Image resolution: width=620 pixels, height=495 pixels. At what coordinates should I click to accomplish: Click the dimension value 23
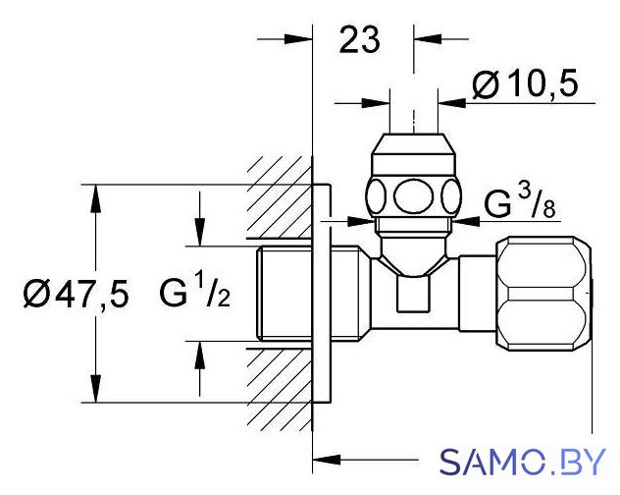359,40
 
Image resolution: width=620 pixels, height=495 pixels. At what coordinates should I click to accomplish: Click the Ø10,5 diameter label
525,83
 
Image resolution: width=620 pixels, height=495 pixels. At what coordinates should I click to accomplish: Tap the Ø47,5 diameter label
76,295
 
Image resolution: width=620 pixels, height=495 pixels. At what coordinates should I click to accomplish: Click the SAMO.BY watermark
522,462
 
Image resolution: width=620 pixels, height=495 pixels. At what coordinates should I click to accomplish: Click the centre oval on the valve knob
413,196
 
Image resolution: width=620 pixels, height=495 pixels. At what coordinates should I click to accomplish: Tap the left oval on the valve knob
376,196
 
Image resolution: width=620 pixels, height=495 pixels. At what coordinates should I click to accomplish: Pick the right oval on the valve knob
451,196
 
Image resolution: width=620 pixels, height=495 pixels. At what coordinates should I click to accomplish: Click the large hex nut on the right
543,294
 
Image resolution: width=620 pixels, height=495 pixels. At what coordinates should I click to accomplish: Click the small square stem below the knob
413,294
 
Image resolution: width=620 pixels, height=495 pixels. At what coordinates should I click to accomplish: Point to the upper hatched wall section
280,196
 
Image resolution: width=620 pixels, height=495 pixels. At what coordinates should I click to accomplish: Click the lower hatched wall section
280,390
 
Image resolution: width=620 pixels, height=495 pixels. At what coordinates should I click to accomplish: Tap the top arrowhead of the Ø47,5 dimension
95,199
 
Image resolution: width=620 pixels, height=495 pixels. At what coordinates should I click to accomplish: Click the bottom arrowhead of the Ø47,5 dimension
95,388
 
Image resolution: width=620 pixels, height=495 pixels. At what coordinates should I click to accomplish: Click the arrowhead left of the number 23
298,39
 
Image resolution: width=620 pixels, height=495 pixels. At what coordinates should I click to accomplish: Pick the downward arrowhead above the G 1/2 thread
200,232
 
